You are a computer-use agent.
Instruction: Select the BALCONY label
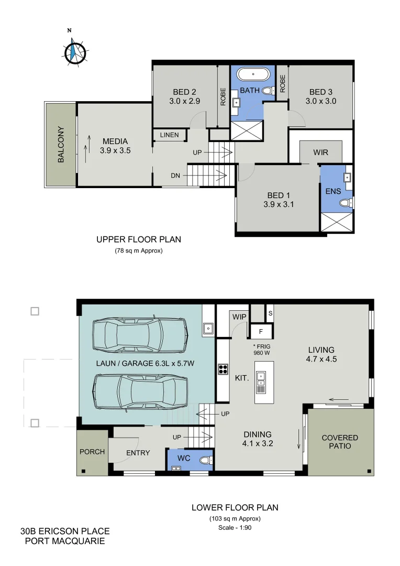pyautogui.click(x=61, y=144)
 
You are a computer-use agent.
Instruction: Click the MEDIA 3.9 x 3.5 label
pyautogui.click(x=115, y=145)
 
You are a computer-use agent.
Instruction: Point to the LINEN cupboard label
pyautogui.click(x=169, y=135)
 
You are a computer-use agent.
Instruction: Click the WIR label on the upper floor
pyautogui.click(x=320, y=153)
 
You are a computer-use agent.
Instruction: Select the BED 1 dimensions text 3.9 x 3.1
pyautogui.click(x=279, y=205)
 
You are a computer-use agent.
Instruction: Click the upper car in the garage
pyautogui.click(x=140, y=336)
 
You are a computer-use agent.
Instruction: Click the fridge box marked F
pyautogui.click(x=260, y=331)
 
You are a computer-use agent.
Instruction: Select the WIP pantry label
pyautogui.click(x=239, y=317)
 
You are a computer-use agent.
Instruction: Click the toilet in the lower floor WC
pyautogui.click(x=205, y=460)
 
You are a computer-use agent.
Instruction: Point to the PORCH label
pyautogui.click(x=92, y=452)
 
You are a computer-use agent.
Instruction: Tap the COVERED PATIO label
pyautogui.click(x=340, y=442)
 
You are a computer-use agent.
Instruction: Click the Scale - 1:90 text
pyautogui.click(x=235, y=528)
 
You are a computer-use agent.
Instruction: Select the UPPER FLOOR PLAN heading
pyautogui.click(x=139, y=240)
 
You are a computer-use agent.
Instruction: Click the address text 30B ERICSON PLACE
pyautogui.click(x=65, y=531)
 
